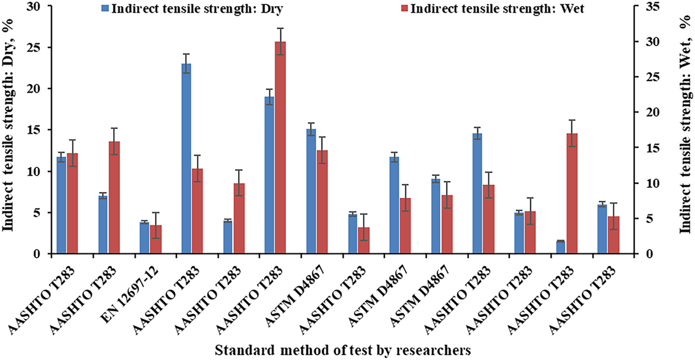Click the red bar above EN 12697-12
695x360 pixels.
[x=155, y=239]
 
